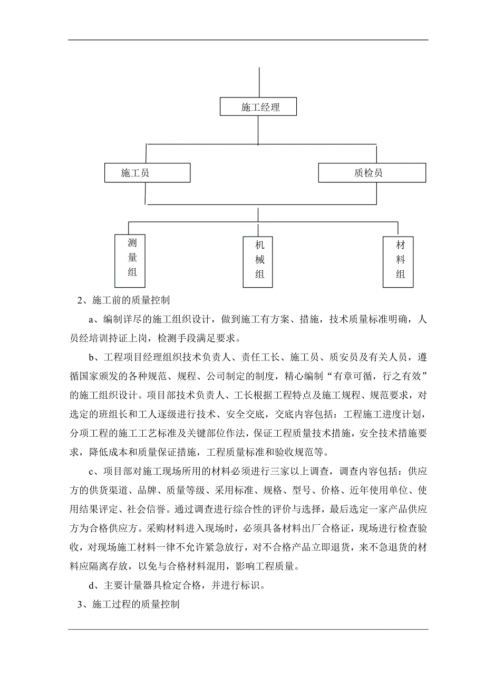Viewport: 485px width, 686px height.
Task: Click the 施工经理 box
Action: click(x=258, y=107)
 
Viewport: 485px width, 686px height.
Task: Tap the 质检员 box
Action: click(x=372, y=172)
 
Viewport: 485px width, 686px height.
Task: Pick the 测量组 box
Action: click(x=130, y=260)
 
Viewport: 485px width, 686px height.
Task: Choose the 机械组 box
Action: click(x=258, y=262)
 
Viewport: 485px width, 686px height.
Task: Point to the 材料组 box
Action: click(x=398, y=261)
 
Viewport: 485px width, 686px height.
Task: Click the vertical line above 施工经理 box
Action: click(x=258, y=82)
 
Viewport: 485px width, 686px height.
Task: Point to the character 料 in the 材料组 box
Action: click(x=401, y=260)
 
